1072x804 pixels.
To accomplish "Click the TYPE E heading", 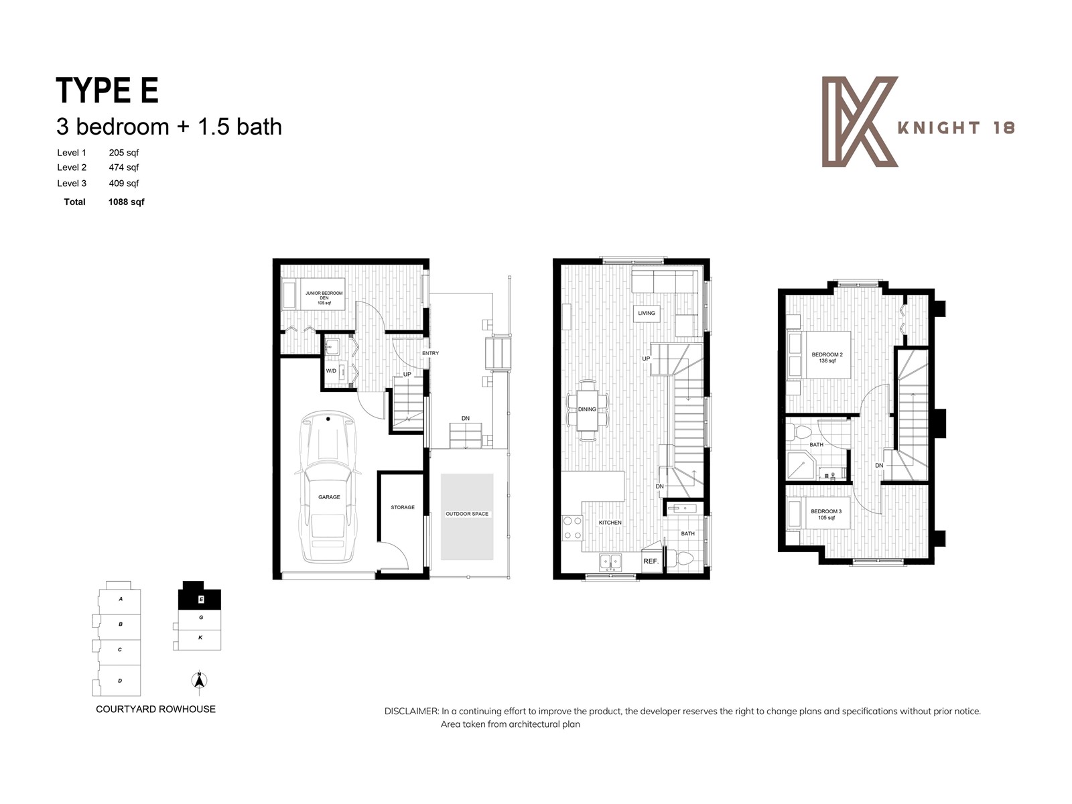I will click(107, 90).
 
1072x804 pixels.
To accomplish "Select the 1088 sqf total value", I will click(126, 202).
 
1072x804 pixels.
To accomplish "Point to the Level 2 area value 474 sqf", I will click(124, 167).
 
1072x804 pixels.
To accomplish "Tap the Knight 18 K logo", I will click(859, 121).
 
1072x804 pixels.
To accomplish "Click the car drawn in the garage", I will click(328, 488).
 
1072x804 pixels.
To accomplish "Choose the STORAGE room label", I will click(403, 507).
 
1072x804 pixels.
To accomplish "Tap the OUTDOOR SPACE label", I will click(467, 514).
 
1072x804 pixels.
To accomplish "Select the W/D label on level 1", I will click(331, 371).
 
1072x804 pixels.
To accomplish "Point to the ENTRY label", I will click(430, 353).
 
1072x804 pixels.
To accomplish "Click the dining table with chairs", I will click(588, 410).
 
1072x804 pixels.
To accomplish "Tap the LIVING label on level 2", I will click(647, 313).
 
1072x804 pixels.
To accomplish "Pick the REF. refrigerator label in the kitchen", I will click(651, 561).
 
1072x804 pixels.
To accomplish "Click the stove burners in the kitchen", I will click(572, 527).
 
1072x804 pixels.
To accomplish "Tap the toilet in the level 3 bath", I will click(801, 431).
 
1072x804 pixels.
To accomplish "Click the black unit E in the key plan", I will click(199, 596).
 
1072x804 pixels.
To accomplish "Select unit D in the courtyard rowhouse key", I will click(119, 681).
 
